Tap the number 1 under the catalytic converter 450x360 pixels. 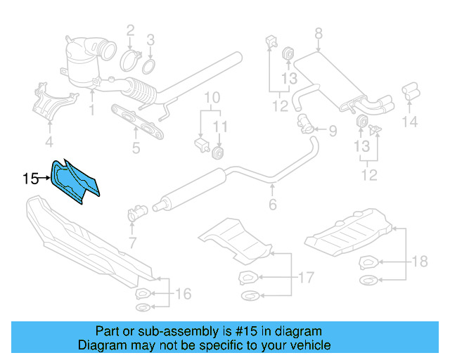click(91, 110)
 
